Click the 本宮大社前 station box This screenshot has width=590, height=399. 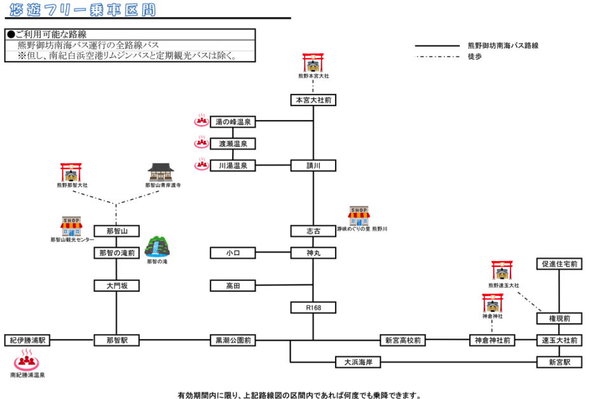(313, 100)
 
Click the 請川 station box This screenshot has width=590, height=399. (313, 166)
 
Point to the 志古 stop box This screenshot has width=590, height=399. (313, 231)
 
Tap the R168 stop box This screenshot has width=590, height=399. (313, 308)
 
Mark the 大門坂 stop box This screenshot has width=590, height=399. (116, 286)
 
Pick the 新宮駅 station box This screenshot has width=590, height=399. (559, 362)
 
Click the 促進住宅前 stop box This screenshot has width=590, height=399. (559, 264)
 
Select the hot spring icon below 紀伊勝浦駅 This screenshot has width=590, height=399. (26, 361)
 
